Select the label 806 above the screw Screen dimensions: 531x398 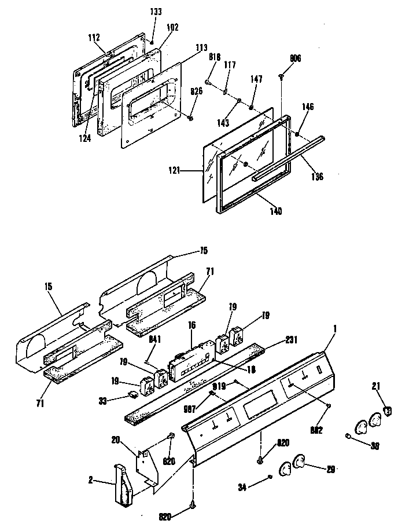tap(295, 58)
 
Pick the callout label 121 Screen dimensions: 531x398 tap(187, 171)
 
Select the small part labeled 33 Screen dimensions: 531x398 tap(134, 394)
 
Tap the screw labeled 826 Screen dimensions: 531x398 tap(190, 118)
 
